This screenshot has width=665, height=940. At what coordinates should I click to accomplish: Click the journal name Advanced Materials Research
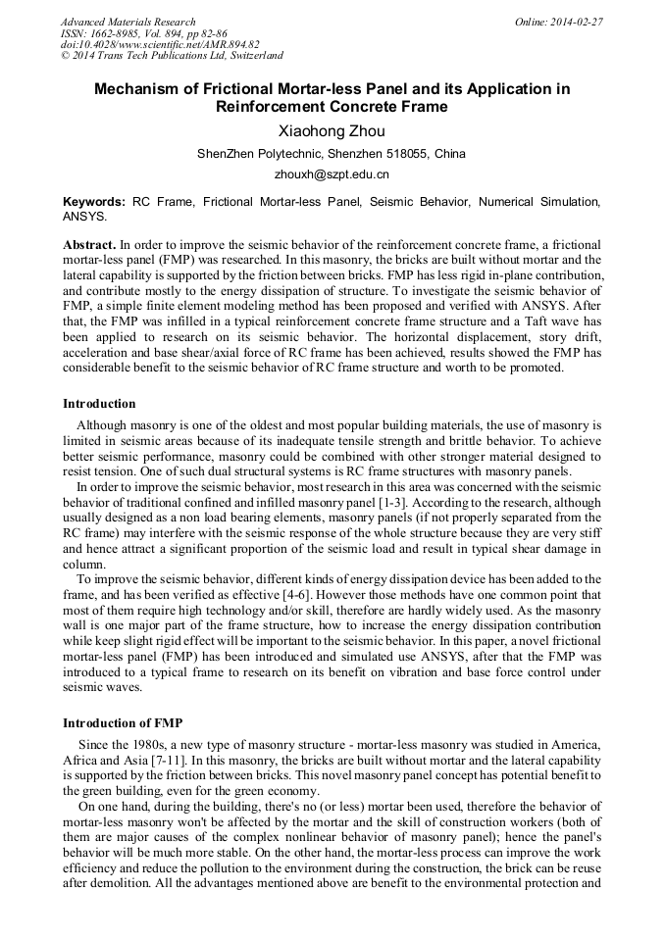[128, 22]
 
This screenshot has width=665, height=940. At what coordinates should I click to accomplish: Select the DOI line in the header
[160, 44]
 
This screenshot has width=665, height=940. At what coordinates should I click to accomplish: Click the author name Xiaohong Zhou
[332, 131]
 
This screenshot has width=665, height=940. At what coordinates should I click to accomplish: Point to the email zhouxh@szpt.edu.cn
[332, 174]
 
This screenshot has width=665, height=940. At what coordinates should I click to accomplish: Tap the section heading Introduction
[99, 403]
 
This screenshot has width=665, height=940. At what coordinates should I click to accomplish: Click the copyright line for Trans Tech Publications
[172, 56]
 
